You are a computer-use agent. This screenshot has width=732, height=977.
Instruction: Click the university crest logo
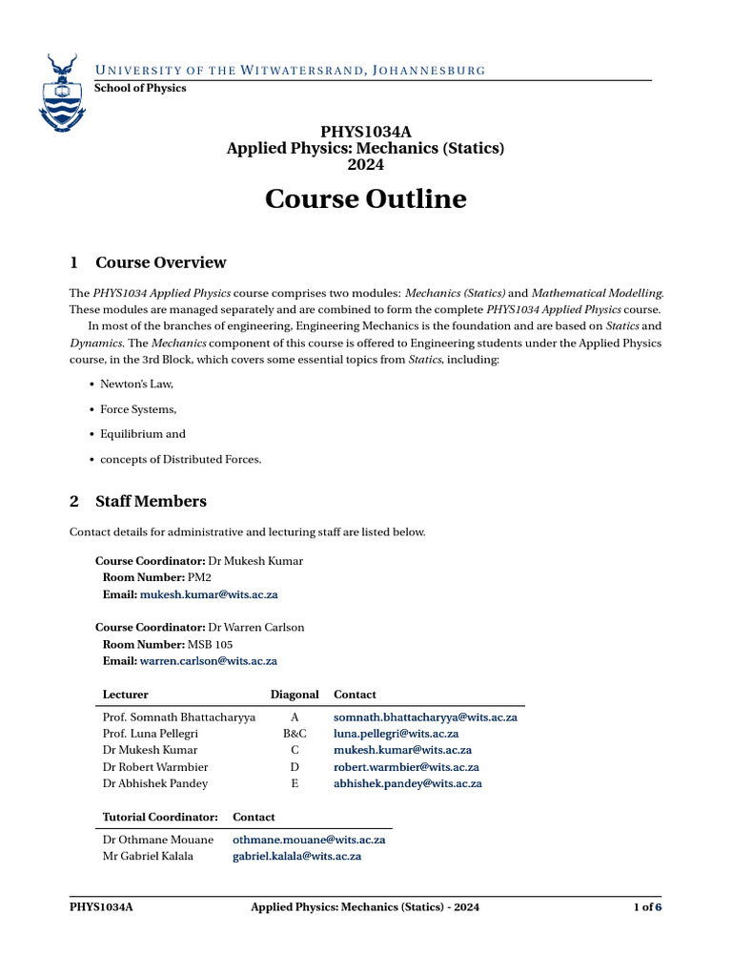coord(60,93)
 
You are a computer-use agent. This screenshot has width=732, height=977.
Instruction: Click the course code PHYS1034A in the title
coord(365,132)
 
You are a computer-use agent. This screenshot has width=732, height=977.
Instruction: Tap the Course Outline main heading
coord(365,198)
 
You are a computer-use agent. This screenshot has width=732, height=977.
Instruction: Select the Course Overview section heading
coord(160,262)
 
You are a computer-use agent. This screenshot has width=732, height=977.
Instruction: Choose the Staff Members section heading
coord(151,501)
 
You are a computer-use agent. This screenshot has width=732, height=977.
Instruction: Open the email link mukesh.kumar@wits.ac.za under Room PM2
coord(209,594)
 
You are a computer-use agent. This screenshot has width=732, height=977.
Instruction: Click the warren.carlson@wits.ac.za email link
coord(209,660)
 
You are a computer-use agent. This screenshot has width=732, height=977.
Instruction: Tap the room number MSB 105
coord(210,644)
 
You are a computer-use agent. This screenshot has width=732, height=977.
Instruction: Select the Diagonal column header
coord(295,695)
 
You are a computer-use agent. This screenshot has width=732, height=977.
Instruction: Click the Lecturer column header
coord(125,695)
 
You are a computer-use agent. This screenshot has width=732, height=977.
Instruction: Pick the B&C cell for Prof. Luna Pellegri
coord(295,734)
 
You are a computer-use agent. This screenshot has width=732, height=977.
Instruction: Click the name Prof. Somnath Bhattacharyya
coord(178,717)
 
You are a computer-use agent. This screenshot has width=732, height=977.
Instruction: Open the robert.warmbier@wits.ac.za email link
coord(406,767)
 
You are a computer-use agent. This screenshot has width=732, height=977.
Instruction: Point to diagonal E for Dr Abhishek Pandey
coord(295,783)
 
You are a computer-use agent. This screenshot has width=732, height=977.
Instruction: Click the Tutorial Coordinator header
coord(160,817)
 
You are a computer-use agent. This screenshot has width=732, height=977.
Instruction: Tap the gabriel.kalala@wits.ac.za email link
coord(296,857)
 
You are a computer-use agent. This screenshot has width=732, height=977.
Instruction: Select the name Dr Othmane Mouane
coord(157,840)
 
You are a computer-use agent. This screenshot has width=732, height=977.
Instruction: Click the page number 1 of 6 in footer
coord(647,907)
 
